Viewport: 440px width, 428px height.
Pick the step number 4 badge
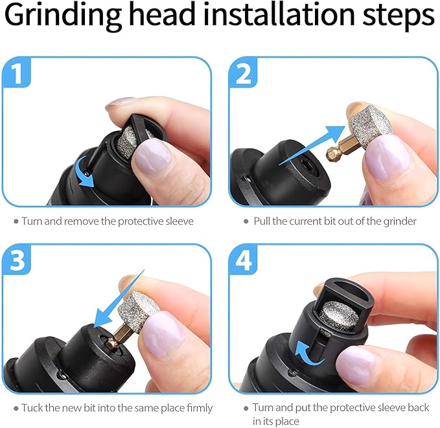coord(244,262)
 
